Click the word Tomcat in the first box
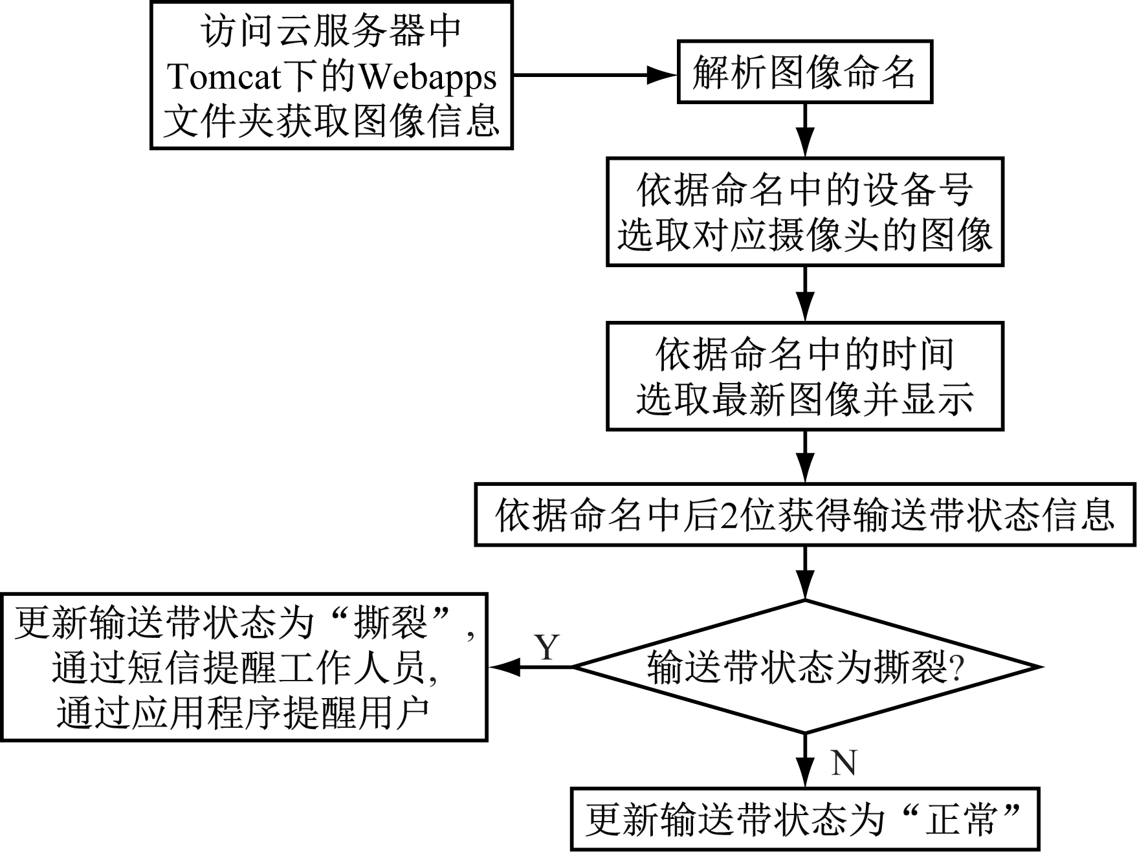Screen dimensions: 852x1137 pos(225,77)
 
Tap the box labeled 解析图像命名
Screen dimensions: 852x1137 pos(804,72)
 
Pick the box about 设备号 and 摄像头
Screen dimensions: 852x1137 pos(804,212)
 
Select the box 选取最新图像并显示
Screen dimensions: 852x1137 pos(804,377)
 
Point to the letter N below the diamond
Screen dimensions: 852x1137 pos(844,763)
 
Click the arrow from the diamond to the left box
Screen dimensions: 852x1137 pos(531,667)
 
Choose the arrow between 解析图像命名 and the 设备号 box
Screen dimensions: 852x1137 pos(805,130)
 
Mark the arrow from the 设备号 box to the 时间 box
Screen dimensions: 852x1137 pos(805,294)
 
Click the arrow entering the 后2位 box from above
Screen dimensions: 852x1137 pos(805,457)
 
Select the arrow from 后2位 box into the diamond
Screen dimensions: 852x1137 pos(805,573)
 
